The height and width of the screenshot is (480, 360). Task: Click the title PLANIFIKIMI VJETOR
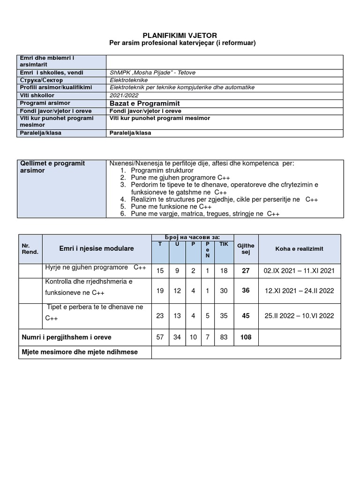click(180, 36)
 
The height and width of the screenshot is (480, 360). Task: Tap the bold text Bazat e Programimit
click(144, 103)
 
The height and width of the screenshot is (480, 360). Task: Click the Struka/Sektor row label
click(41, 80)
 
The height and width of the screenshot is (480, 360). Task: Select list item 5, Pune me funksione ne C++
click(171, 206)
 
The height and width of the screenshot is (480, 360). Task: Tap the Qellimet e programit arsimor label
click(52, 167)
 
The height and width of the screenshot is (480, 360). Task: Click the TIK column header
click(224, 244)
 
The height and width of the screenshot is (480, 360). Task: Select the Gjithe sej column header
click(246, 249)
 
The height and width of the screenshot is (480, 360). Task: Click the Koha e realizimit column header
click(299, 249)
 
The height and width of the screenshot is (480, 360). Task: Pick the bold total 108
click(246, 337)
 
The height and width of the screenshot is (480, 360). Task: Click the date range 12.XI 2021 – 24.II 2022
click(299, 291)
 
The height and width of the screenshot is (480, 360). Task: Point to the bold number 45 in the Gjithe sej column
click(246, 316)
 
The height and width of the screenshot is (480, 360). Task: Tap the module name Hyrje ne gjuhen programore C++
click(96, 267)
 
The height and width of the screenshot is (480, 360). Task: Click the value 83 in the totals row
click(224, 337)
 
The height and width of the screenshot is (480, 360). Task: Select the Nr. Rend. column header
click(30, 249)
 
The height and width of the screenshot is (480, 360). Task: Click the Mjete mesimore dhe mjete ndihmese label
click(80, 352)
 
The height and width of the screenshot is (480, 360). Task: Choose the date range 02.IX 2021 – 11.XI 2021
click(299, 270)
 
